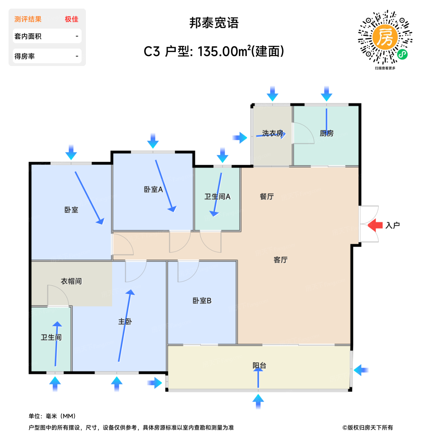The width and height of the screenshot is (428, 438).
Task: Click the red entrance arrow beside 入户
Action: (375, 225)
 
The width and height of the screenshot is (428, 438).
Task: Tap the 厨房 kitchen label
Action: (326, 133)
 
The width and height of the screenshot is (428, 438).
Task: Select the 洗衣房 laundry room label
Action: (273, 133)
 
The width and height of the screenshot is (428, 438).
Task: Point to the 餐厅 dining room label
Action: (266, 196)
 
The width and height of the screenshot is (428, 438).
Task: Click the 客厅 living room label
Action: (281, 260)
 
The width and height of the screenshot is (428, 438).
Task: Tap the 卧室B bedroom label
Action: (202, 300)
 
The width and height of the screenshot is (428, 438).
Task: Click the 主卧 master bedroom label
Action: (125, 321)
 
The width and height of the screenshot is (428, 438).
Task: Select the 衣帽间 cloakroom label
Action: (71, 281)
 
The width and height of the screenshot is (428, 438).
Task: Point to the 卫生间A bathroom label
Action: (217, 196)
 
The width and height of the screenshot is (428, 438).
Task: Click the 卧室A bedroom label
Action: (153, 189)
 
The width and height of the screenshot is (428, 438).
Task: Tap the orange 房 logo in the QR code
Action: (385, 37)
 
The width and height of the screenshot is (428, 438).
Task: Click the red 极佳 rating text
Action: (72, 19)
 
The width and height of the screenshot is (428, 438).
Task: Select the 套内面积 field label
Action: (28, 36)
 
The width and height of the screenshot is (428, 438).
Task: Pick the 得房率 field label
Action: (24, 56)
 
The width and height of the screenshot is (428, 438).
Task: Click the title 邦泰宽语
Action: (214, 23)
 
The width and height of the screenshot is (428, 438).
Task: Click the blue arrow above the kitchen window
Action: (326, 94)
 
